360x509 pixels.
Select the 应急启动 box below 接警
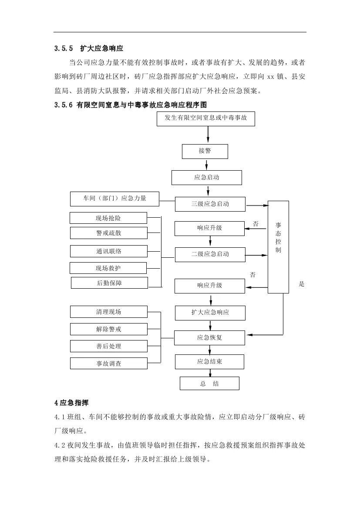[x=206, y=178]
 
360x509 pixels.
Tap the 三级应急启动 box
[x=210, y=204]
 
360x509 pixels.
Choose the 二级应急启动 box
[x=210, y=254]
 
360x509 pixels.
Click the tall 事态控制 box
[x=278, y=246]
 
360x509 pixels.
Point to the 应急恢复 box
[x=209, y=337]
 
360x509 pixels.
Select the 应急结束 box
[x=209, y=362]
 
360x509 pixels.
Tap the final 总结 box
[x=209, y=384]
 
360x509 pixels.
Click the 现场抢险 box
[x=108, y=218]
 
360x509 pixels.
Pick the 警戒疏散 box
[x=108, y=233]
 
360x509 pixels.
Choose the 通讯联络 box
[x=108, y=251]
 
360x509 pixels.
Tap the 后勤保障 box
[x=109, y=283]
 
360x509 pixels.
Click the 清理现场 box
[x=108, y=312]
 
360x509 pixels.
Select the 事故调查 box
[x=108, y=364]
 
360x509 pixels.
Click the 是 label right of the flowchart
[x=302, y=284]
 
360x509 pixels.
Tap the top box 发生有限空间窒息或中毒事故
[x=205, y=118]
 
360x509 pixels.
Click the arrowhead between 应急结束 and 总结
[x=211, y=373]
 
